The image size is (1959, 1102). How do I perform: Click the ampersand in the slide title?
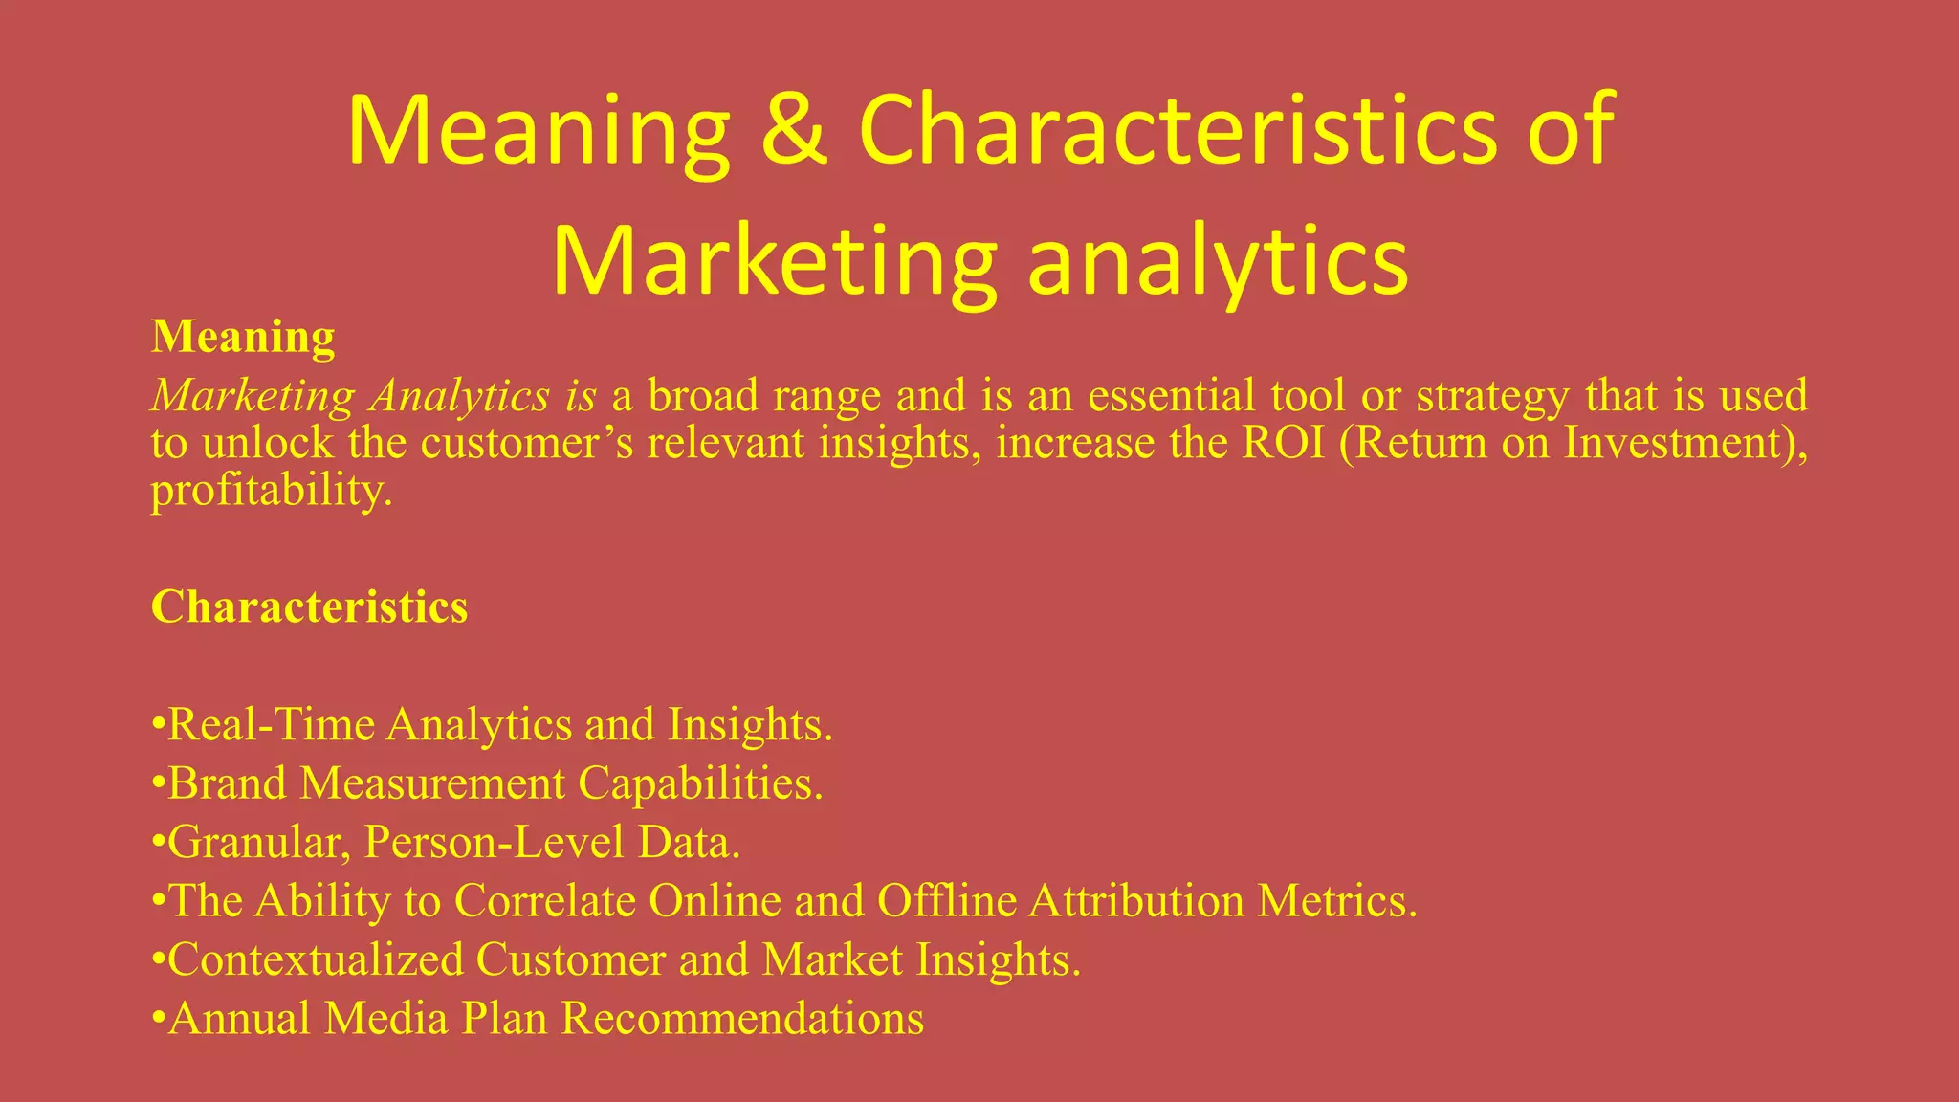pos(793,130)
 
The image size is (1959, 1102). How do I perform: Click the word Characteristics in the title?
pos(1176,130)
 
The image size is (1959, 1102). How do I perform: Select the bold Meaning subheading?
pos(243,337)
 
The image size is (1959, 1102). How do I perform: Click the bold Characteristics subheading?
pos(309,606)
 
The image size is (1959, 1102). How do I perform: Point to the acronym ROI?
pos(1283,443)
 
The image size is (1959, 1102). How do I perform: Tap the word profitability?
pos(270,491)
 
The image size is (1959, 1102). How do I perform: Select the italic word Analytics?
pos(460,396)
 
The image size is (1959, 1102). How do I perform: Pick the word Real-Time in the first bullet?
pos(272,725)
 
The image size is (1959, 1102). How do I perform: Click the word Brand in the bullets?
pos(227,783)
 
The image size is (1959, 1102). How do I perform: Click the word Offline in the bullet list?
pos(946,901)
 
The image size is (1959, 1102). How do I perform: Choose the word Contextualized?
pos(316,959)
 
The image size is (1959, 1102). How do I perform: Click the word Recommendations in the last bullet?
pos(742,1019)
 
